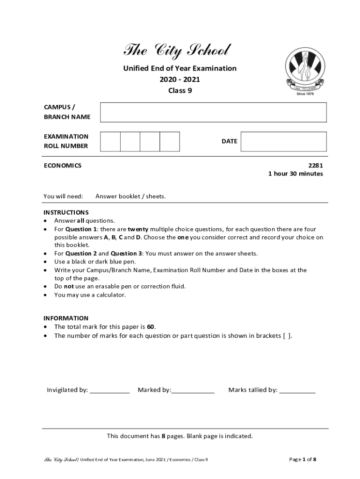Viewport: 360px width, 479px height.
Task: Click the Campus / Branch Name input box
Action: coord(213,112)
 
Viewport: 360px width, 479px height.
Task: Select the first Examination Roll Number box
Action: coord(110,141)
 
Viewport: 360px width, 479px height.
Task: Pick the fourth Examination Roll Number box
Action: coord(170,141)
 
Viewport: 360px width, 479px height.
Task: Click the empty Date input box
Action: coord(283,141)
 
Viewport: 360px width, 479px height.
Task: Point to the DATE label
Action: coord(229,141)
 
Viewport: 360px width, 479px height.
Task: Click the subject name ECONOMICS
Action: coord(62,165)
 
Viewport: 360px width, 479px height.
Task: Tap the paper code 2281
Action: coord(315,165)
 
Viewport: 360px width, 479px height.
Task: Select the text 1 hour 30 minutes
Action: coord(295,174)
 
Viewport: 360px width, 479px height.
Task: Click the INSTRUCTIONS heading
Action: coord(66,212)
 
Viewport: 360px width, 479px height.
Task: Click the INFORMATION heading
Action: coord(66,318)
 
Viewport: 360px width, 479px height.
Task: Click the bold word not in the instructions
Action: coord(69,286)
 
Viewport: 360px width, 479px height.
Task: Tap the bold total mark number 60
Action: coord(151,327)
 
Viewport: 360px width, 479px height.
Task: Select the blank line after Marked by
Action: coord(193,390)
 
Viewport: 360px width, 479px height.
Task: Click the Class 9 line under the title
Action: coord(180,91)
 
